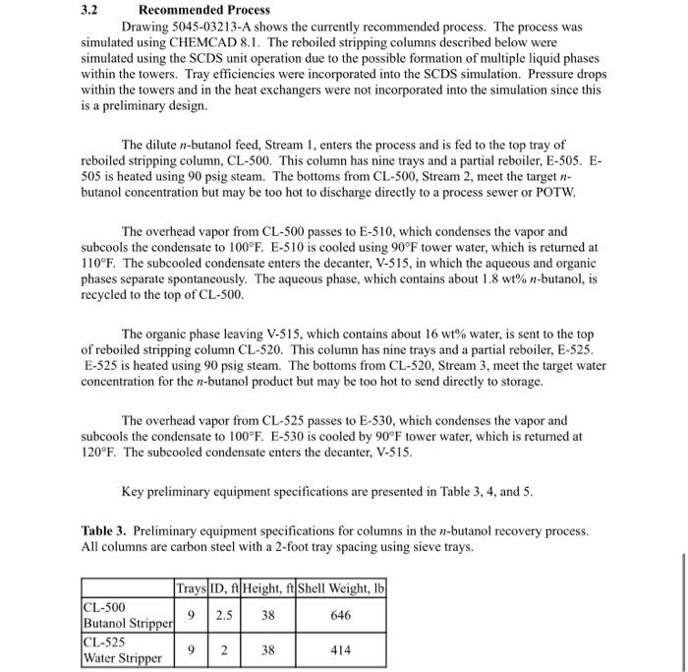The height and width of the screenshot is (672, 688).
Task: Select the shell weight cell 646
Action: pos(340,615)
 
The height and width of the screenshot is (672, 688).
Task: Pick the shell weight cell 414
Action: pos(340,650)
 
